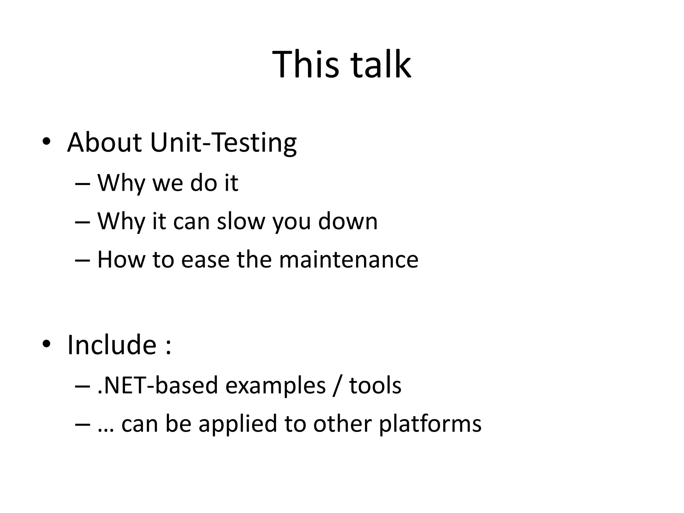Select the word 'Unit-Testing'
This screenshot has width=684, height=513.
pyautogui.click(x=223, y=143)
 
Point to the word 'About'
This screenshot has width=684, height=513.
pyautogui.click(x=104, y=143)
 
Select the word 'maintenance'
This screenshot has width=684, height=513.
pyautogui.click(x=348, y=260)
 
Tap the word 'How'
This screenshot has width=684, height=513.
pyautogui.click(x=121, y=260)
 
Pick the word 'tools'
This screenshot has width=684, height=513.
pyautogui.click(x=375, y=385)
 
